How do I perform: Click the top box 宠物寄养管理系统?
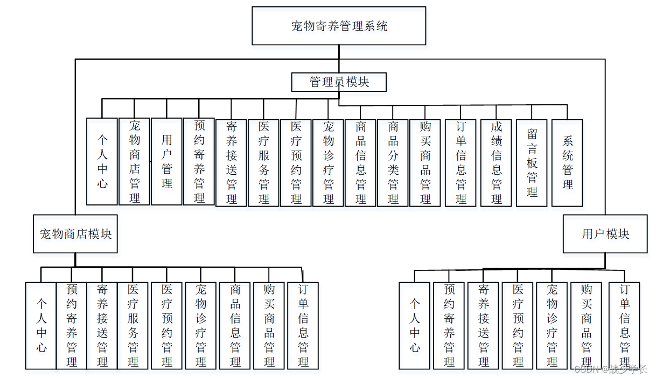[339, 26]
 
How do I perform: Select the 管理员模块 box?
[339, 82]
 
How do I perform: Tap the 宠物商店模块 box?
[75, 234]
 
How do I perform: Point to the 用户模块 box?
[605, 234]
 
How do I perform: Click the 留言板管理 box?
[532, 163]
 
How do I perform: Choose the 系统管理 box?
[567, 163]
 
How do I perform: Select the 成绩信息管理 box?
[496, 163]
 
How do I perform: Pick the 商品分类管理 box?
[393, 163]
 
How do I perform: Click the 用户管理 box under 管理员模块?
[166, 161]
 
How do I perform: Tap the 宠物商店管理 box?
[134, 161]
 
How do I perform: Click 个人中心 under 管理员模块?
[102, 161]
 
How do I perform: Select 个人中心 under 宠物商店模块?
[41, 325]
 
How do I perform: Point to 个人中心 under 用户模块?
[414, 325]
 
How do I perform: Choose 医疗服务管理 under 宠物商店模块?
[132, 325]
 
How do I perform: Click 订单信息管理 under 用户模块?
[624, 325]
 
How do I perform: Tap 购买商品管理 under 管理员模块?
[425, 163]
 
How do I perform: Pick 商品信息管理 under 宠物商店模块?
[235, 325]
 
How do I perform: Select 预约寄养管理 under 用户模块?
[449, 325]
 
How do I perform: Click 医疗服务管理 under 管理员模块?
[263, 163]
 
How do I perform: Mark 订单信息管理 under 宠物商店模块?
[303, 325]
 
